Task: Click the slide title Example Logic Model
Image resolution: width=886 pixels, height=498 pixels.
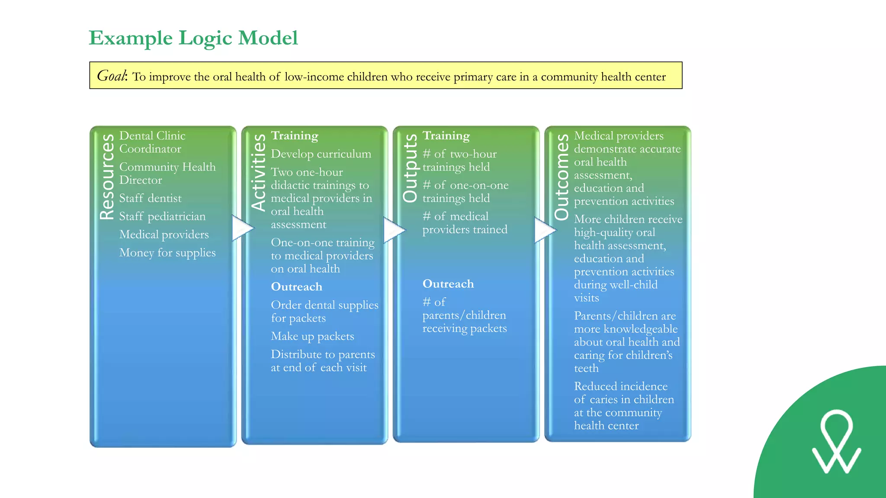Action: tap(193, 38)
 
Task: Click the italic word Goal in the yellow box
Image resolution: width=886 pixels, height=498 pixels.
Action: tap(112, 76)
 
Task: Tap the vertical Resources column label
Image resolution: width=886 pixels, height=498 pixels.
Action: tap(107, 176)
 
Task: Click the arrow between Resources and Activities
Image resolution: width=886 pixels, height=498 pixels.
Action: tap(241, 228)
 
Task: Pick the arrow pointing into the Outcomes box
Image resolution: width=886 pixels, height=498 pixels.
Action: tap(544, 230)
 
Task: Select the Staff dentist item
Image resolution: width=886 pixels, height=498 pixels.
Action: tap(150, 198)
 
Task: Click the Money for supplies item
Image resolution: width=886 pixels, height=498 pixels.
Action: tap(167, 252)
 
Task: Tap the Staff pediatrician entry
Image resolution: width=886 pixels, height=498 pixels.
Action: tap(162, 217)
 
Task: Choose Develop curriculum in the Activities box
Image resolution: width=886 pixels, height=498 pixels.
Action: tap(321, 154)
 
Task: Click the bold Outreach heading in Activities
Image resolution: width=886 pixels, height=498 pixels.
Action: tap(296, 287)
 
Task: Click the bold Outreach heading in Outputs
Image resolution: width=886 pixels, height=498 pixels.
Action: tap(448, 284)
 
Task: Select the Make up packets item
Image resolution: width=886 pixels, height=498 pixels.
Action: tap(312, 336)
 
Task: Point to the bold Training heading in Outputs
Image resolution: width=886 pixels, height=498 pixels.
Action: tap(446, 136)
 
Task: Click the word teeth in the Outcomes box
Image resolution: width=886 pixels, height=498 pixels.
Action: tap(586, 368)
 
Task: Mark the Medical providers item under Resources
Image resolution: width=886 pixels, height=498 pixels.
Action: tap(164, 235)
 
